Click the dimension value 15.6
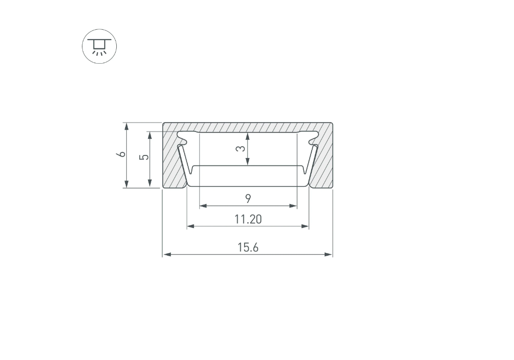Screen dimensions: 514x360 [x=248, y=247]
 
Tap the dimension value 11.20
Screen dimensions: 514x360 [x=248, y=219]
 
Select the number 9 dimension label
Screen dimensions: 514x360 [x=248, y=199]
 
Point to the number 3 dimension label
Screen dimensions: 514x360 [x=241, y=148]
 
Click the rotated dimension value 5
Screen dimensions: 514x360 [x=144, y=157]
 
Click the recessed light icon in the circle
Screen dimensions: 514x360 [x=100, y=46]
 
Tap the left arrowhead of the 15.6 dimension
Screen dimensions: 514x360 [x=167, y=254]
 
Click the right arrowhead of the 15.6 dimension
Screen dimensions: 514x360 [x=328, y=254]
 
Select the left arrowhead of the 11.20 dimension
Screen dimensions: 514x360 [x=191, y=226]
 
